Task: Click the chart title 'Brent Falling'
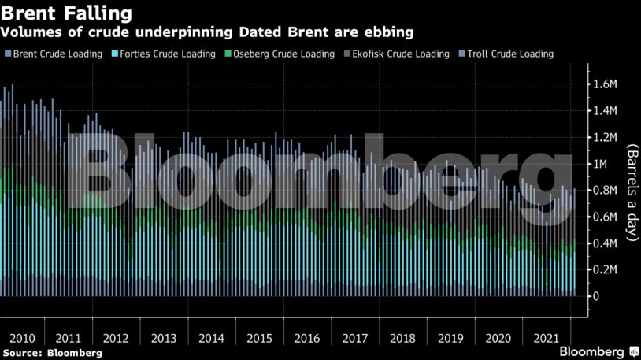click(65, 13)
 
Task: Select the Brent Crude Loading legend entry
click(57, 54)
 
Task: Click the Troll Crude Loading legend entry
click(509, 54)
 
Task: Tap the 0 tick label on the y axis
click(596, 296)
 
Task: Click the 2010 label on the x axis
click(20, 338)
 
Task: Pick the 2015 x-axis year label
click(259, 338)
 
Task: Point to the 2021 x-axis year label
click(546, 338)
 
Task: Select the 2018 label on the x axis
click(402, 338)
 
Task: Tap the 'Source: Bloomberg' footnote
click(52, 354)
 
